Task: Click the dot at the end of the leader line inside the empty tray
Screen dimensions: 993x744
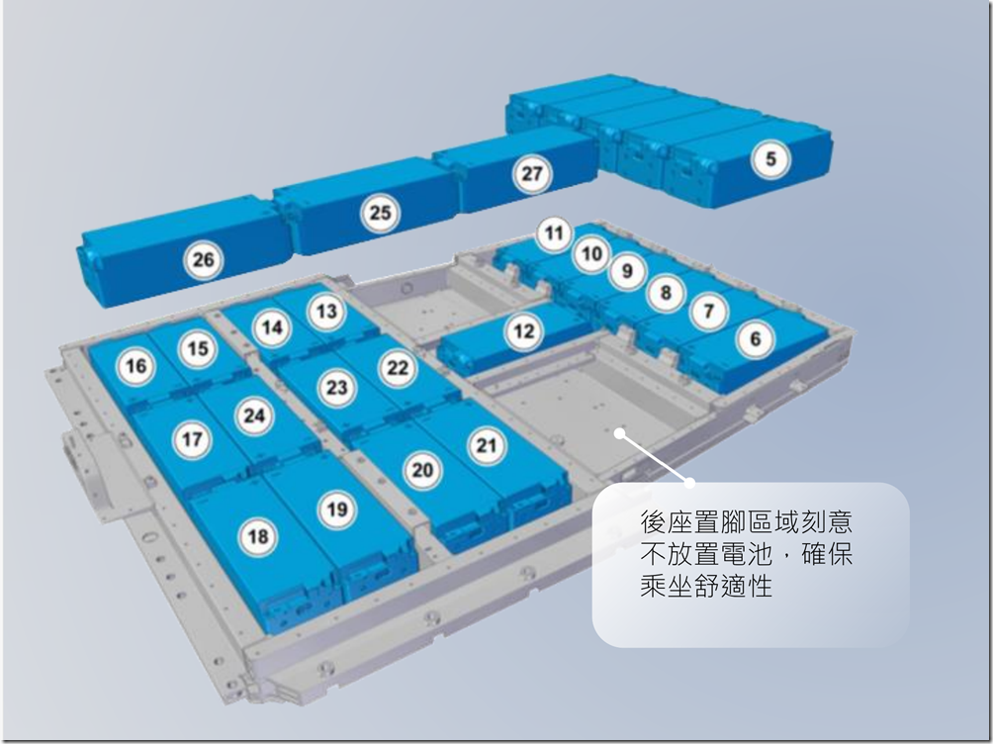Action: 620,434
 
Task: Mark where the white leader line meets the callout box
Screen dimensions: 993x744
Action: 690,483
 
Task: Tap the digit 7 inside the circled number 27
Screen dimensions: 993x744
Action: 538,174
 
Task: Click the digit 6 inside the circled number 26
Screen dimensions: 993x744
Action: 210,260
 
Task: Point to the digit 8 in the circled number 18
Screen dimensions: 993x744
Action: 263,537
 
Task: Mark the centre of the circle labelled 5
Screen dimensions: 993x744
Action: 770,158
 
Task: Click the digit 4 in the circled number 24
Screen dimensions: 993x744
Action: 259,416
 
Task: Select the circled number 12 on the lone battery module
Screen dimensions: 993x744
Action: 524,331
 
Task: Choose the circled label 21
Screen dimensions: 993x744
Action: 487,445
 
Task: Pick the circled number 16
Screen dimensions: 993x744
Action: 136,366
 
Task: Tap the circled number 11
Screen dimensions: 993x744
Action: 554,233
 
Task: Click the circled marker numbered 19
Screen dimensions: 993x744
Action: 337,509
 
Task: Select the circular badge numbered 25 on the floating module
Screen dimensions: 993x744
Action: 380,213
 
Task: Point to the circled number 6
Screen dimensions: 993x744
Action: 756,339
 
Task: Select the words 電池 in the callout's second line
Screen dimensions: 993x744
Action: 748,554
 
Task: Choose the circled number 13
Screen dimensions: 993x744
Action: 326,312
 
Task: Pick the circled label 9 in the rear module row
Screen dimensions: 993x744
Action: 627,271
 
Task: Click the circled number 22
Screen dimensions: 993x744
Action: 398,368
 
